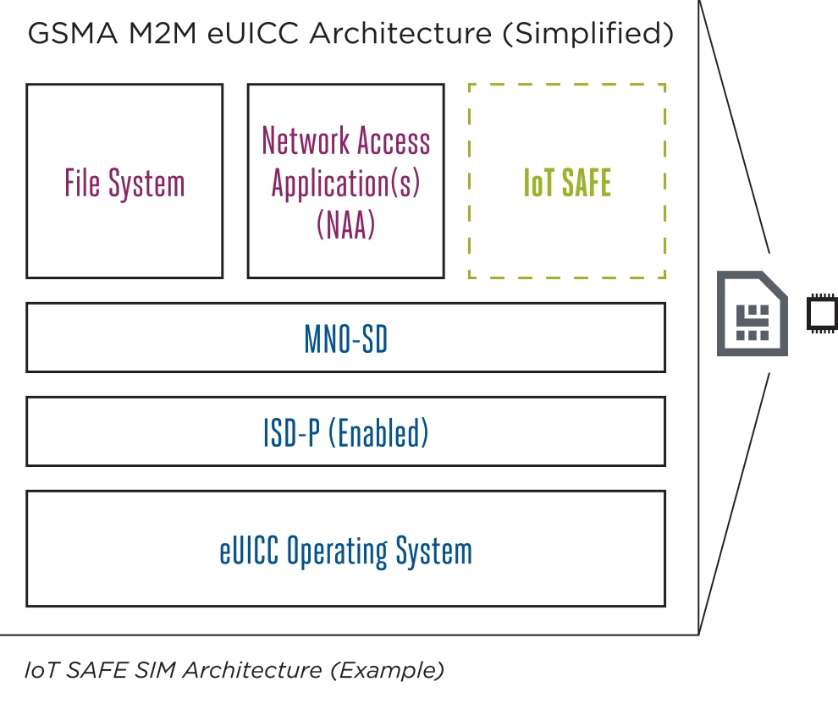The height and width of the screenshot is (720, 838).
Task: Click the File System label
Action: [x=124, y=184]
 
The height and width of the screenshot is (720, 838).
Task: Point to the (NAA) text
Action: [x=345, y=225]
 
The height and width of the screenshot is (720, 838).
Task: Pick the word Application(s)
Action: [x=345, y=183]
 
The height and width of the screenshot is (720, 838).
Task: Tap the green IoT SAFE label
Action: [x=567, y=184]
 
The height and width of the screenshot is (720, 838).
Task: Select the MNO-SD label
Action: [x=345, y=339]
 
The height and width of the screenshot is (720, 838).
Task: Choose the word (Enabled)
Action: [x=378, y=433]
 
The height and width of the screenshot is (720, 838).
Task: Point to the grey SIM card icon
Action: [x=752, y=313]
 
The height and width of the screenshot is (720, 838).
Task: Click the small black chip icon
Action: [x=822, y=314]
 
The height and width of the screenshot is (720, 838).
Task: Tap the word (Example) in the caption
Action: [x=387, y=670]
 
